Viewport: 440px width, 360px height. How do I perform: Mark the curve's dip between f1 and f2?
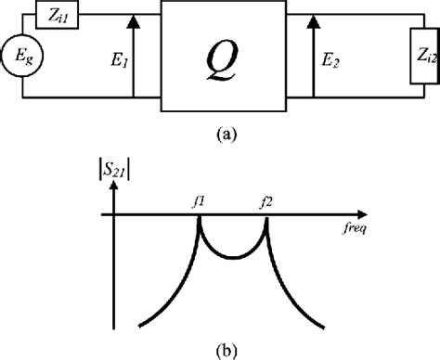point(233,257)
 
